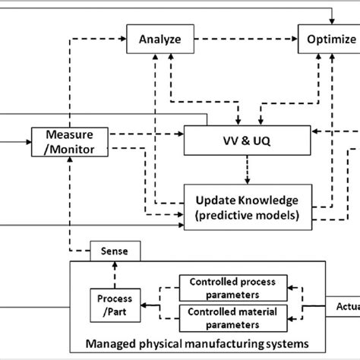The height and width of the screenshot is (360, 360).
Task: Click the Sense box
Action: point(112,249)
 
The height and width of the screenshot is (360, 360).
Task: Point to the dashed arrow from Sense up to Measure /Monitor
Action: point(69,205)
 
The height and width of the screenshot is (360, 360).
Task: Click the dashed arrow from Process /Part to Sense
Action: point(112,273)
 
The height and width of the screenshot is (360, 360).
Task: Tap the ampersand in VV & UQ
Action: point(248,141)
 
